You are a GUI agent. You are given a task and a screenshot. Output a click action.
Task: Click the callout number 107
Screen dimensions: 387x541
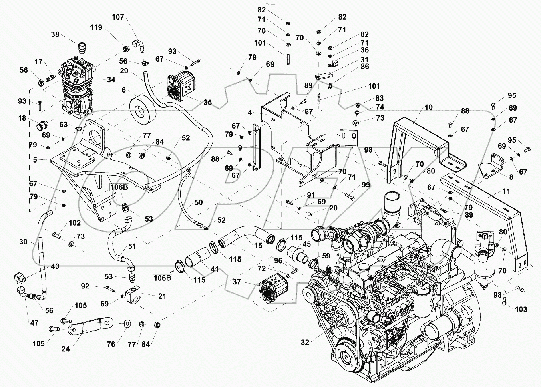click(x=118, y=17)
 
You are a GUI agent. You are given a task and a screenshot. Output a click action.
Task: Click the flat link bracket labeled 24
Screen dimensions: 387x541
click(x=90, y=327)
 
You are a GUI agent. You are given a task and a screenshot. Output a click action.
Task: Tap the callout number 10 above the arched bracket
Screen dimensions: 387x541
click(x=429, y=107)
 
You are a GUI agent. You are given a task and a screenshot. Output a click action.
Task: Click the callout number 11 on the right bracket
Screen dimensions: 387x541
click(x=507, y=191)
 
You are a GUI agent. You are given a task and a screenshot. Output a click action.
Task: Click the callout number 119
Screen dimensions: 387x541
click(x=96, y=28)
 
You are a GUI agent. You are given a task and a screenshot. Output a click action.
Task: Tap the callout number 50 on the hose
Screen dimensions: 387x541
click(x=199, y=202)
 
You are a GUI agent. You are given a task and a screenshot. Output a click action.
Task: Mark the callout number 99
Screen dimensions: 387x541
click(x=366, y=185)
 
